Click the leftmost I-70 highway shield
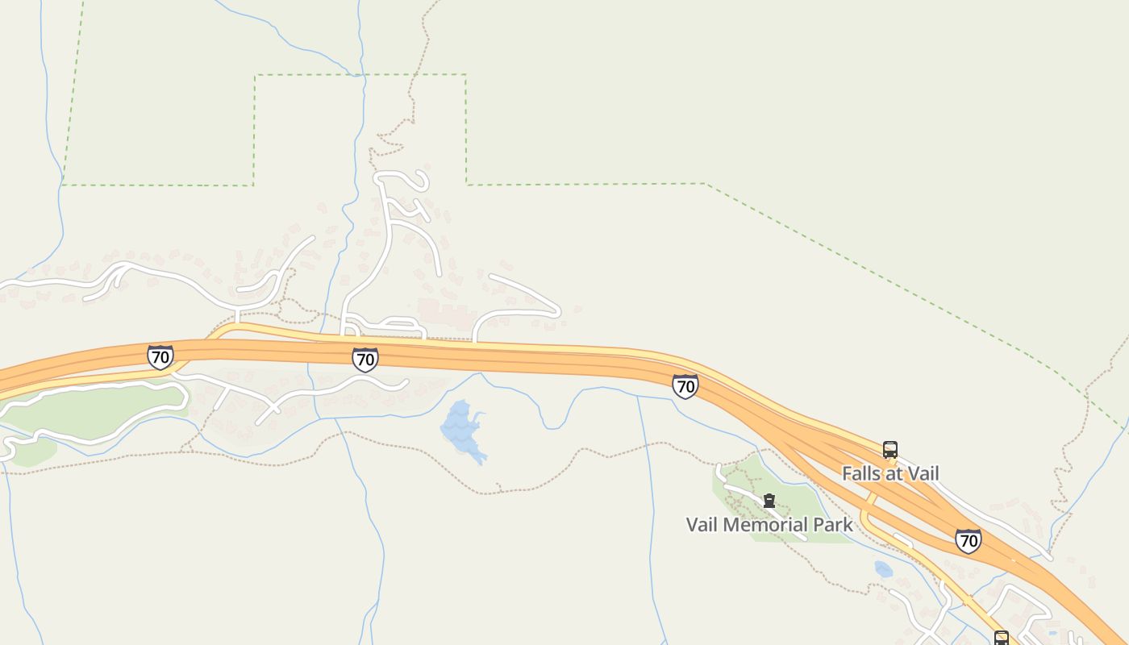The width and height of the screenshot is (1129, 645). [x=160, y=356]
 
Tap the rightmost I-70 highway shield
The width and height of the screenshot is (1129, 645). [x=968, y=540]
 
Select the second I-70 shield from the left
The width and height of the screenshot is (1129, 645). [x=365, y=359]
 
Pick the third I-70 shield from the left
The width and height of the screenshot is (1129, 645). [x=685, y=386]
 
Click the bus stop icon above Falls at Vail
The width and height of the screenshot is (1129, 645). [x=890, y=450]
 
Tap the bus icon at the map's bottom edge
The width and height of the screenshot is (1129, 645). [x=1001, y=639]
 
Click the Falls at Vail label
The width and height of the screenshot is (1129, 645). [x=890, y=473]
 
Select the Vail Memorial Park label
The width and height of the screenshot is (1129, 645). [x=769, y=525]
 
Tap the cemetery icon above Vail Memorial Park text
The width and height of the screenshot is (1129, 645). [x=769, y=501]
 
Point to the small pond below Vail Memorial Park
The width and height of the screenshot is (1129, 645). [x=884, y=569]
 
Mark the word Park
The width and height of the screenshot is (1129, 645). [x=833, y=525]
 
